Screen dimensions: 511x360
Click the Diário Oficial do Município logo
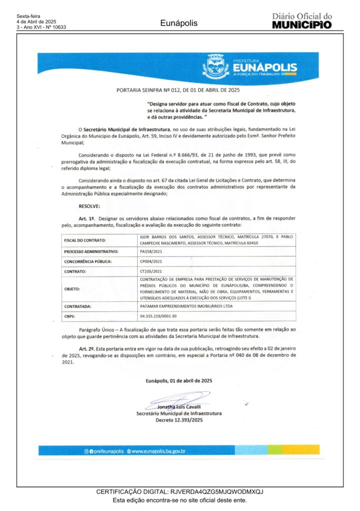click(x=302, y=21)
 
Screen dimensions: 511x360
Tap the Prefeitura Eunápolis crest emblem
click(x=216, y=66)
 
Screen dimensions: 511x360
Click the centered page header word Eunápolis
click(x=179, y=23)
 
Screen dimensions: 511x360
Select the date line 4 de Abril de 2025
click(x=36, y=22)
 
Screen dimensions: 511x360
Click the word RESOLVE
click(x=89, y=206)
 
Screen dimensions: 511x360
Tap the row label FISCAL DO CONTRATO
click(x=84, y=240)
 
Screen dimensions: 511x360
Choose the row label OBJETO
click(x=72, y=288)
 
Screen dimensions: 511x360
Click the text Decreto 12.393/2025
click(x=179, y=420)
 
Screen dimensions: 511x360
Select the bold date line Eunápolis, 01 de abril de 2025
click(x=179, y=380)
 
